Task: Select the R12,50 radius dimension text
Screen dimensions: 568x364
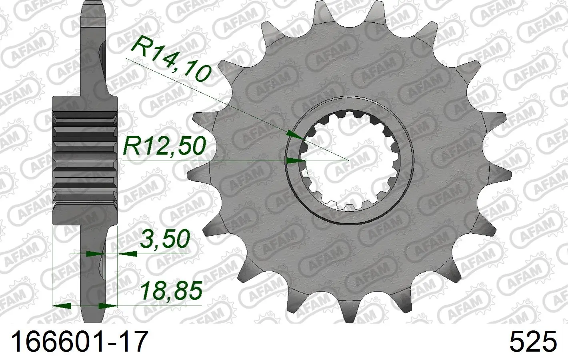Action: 164,146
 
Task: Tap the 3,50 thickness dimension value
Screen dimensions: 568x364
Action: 165,239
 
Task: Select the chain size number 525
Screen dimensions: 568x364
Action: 533,341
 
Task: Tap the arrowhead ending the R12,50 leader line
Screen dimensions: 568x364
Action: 296,160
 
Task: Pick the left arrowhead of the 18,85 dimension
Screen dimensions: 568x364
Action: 62,306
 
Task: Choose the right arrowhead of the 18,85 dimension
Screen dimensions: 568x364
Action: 108,306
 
